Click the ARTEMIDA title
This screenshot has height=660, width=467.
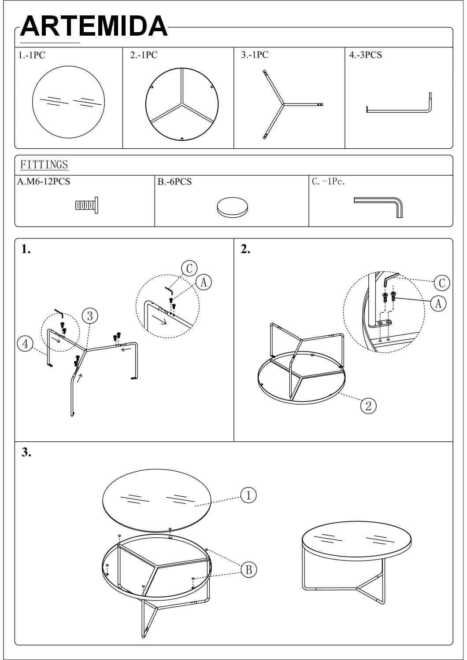tap(94, 26)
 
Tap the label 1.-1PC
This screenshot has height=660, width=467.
tap(32, 55)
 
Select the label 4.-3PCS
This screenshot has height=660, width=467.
tap(366, 55)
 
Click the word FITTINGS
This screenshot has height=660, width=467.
tap(44, 165)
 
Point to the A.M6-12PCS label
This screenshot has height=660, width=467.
tap(44, 181)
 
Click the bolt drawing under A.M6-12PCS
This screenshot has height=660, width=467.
tap(87, 205)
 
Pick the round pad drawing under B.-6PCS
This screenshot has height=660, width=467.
tap(232, 207)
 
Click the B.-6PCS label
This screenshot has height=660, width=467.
tap(174, 181)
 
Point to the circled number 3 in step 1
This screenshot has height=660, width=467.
tap(90, 316)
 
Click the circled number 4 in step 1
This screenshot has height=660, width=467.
tap(26, 344)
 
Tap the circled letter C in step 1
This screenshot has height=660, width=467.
tap(189, 268)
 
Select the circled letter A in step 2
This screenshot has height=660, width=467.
tap(438, 303)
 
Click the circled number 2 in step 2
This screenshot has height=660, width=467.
tap(368, 406)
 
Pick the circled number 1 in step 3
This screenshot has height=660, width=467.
tap(248, 495)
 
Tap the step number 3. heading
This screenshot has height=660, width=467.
tap(26, 452)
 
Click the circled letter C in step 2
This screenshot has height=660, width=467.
tap(442, 283)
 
